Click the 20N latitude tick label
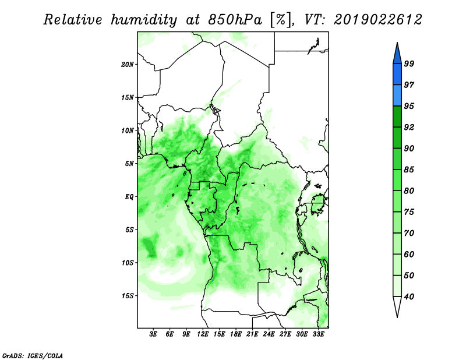(x=128, y=65)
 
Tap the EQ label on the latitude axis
(x=129, y=197)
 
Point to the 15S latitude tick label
(x=128, y=296)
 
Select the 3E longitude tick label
(x=153, y=334)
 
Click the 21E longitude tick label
(x=252, y=334)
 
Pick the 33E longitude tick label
(x=318, y=334)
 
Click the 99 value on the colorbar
(x=409, y=63)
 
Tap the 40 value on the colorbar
(x=409, y=297)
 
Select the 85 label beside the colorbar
(x=409, y=170)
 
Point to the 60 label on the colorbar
(x=409, y=254)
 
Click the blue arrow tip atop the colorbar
(x=397, y=43)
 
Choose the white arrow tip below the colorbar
(x=397, y=317)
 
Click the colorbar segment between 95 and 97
(x=397, y=96)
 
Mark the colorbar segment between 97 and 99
(x=397, y=75)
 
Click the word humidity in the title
(x=144, y=20)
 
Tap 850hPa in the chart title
(x=235, y=20)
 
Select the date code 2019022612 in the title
(x=377, y=20)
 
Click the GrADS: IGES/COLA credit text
(x=33, y=355)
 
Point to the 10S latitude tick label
(x=128, y=263)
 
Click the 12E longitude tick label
(x=203, y=334)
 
